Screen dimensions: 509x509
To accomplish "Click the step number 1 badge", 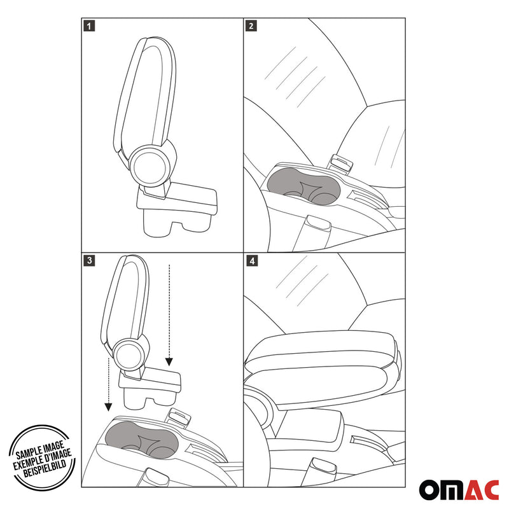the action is tap(89, 26).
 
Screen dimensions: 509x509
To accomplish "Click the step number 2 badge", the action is tap(251, 26).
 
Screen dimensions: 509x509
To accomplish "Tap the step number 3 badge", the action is tap(89, 260).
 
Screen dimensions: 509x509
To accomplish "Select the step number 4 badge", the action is tap(252, 261).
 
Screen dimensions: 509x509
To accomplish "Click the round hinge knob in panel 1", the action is tap(150, 167).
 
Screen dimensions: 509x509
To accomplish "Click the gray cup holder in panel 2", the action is tap(303, 186).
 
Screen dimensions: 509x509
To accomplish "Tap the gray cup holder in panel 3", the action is tap(141, 440).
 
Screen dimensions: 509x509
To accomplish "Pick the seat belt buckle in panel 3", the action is tap(178, 417).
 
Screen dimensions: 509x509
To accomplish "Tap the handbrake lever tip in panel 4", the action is tap(323, 465).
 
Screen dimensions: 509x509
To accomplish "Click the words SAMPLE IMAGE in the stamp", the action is tap(39, 450).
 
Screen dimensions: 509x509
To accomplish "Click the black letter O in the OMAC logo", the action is tap(429, 489).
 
